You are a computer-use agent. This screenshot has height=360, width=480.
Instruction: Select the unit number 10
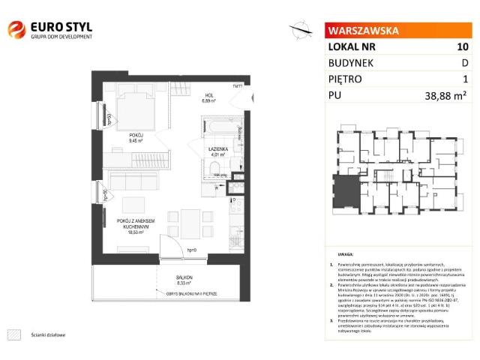[463, 46]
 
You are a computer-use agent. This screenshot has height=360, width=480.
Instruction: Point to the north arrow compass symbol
[302, 30]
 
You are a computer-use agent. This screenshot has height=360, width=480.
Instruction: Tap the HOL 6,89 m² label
[210, 98]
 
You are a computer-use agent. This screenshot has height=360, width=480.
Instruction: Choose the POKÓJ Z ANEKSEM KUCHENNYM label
[136, 225]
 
